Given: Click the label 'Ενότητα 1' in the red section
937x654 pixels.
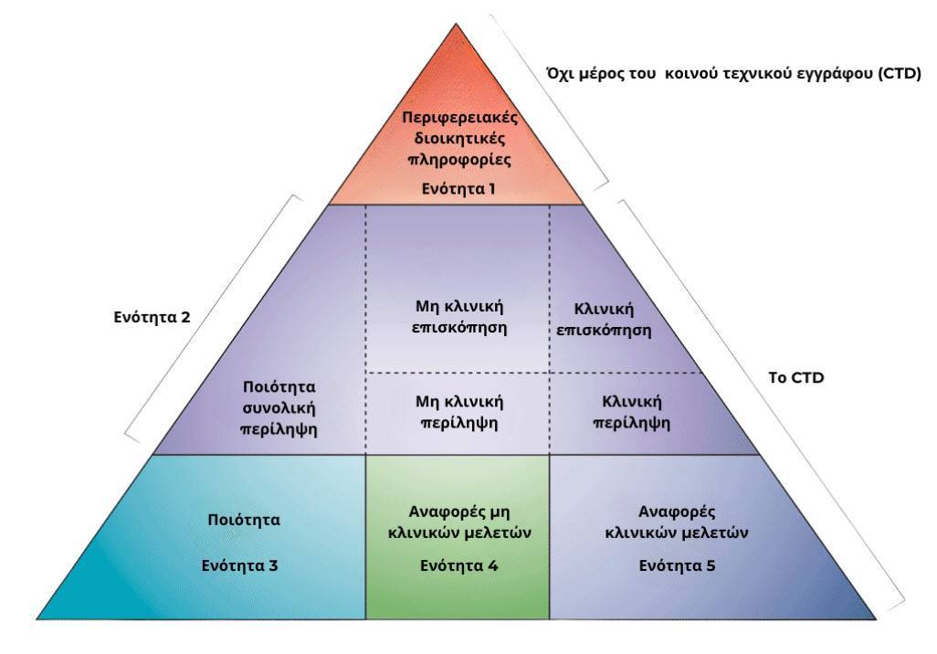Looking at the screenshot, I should (x=458, y=189).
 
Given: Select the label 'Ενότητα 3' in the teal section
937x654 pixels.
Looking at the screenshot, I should (x=239, y=565).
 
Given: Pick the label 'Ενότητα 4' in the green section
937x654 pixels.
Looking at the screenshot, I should (x=458, y=565).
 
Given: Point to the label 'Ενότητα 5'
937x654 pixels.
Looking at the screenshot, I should (x=677, y=565).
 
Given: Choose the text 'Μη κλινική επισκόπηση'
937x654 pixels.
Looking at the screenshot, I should (x=458, y=316).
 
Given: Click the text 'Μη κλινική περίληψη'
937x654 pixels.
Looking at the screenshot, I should (x=458, y=412).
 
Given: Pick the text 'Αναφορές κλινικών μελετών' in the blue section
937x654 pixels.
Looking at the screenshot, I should (x=677, y=522).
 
